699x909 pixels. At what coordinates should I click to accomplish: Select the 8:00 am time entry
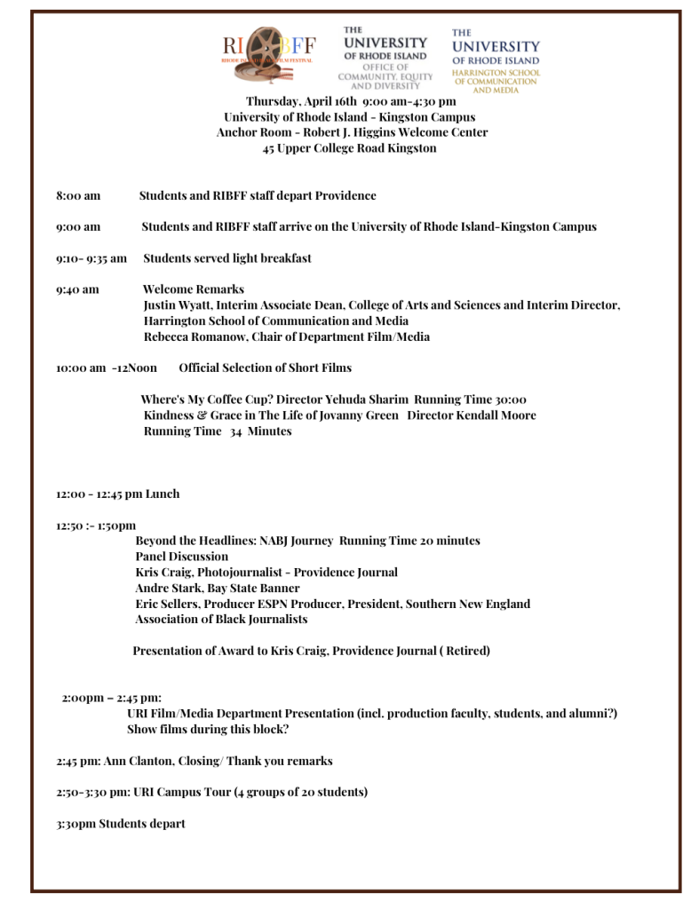[78, 195]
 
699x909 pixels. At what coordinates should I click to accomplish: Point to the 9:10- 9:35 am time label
[91, 258]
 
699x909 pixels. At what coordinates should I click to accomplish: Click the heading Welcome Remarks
[193, 289]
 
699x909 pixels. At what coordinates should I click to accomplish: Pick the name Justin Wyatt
[177, 305]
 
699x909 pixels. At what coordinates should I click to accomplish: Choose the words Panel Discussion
[181, 557]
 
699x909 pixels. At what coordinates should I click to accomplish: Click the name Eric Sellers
[168, 604]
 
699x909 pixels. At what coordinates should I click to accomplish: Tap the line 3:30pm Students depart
[121, 824]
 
